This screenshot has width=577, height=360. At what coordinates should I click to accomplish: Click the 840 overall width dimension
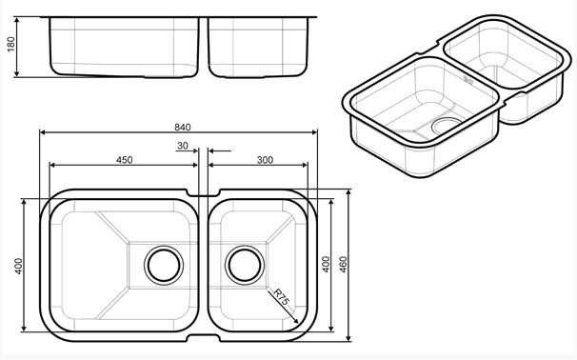tap(183, 128)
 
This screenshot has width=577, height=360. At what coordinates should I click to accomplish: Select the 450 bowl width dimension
tap(125, 160)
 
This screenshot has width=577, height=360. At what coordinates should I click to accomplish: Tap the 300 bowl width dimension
tap(265, 160)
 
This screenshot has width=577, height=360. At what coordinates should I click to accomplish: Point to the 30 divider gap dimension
tap(183, 146)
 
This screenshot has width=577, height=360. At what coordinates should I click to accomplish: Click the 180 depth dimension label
tap(11, 44)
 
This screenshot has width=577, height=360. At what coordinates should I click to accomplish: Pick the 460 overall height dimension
tap(343, 265)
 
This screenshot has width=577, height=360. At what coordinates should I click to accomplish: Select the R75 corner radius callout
tap(281, 297)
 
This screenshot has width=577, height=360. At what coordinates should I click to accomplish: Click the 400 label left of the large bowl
tap(18, 266)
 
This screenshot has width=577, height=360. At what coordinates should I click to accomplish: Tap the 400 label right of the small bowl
tap(326, 265)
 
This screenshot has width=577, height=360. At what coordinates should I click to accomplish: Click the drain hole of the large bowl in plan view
tap(164, 265)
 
